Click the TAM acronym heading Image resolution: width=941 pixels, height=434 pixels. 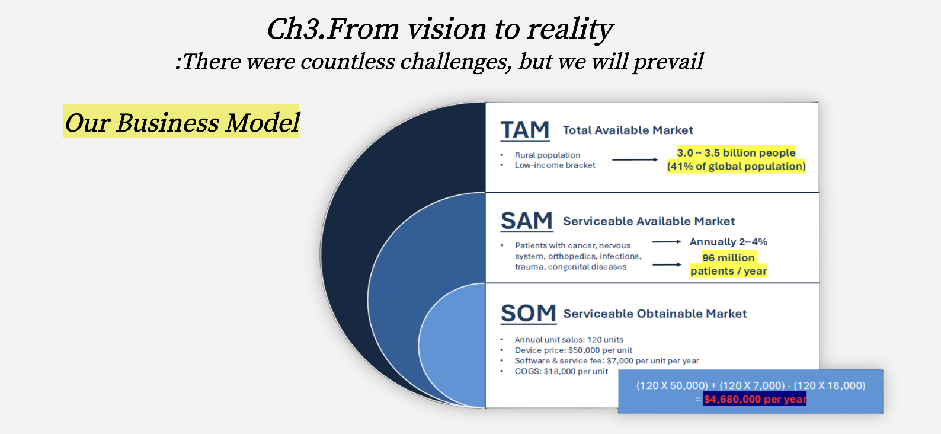(525, 130)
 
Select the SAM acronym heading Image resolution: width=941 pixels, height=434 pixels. (526, 221)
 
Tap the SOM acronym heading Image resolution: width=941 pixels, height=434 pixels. (528, 313)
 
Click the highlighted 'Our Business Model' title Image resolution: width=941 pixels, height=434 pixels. (181, 123)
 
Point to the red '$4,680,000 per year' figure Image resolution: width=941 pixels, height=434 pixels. (755, 399)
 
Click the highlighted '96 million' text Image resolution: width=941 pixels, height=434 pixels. (728, 258)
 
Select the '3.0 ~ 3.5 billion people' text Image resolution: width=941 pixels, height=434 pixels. (736, 153)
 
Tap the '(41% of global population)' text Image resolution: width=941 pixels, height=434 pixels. (736, 167)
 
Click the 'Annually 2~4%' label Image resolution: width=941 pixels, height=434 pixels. (728, 242)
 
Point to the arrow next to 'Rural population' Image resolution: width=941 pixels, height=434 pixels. (635, 159)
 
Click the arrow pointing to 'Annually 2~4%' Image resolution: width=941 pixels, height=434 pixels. (666, 242)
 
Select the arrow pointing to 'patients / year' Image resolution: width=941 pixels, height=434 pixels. (667, 264)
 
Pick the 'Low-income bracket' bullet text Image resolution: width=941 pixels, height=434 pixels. (555, 165)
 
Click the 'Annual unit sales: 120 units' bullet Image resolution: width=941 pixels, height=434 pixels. (569, 340)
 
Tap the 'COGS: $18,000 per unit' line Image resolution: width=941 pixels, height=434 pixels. (561, 371)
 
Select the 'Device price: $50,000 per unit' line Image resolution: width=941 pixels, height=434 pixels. (573, 350)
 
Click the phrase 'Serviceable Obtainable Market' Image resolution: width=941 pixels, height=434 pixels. (655, 314)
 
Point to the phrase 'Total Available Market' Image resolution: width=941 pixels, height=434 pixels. (628, 130)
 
